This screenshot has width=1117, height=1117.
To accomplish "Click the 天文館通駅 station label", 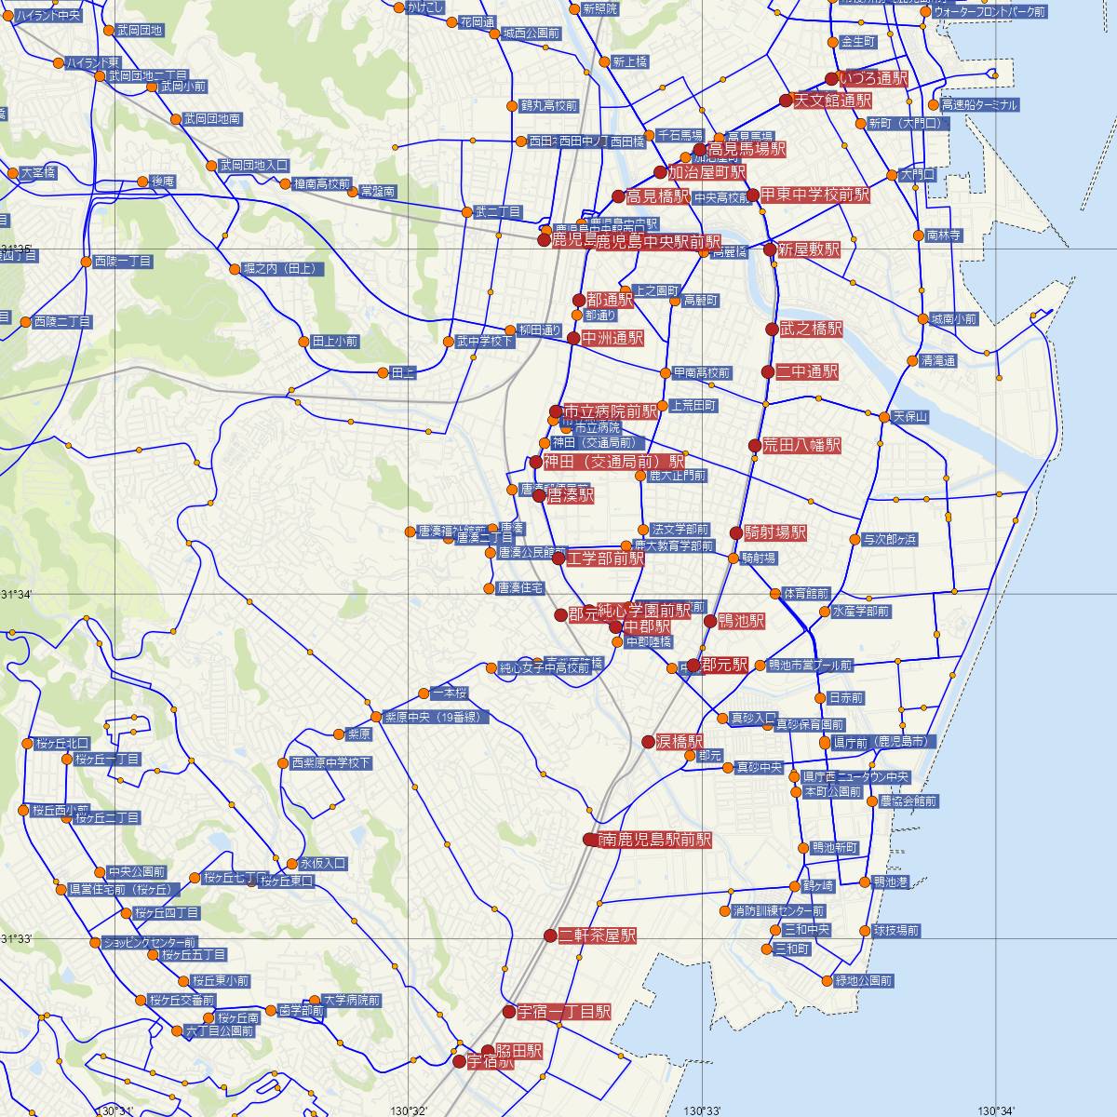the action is point(833,101).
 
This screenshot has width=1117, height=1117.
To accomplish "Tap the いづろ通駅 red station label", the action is point(872,79).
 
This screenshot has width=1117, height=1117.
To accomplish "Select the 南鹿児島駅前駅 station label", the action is point(654,840).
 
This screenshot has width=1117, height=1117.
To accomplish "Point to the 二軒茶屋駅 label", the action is point(598,935).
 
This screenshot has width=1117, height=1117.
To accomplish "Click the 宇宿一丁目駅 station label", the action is point(564,1012).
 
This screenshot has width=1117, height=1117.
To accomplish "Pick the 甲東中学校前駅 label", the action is point(814,195).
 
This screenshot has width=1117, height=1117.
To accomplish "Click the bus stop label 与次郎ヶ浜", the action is point(890,539).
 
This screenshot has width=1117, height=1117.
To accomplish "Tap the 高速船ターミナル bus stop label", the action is point(979,105).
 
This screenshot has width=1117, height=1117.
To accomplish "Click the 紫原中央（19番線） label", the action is point(436,717).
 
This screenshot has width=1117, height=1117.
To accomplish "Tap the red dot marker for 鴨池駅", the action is point(710,621).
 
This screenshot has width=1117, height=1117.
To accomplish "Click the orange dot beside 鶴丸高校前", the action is point(511,106).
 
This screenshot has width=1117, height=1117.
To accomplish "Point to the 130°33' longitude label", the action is point(703,1110).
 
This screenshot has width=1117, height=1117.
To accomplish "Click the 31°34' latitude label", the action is point(17,595).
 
